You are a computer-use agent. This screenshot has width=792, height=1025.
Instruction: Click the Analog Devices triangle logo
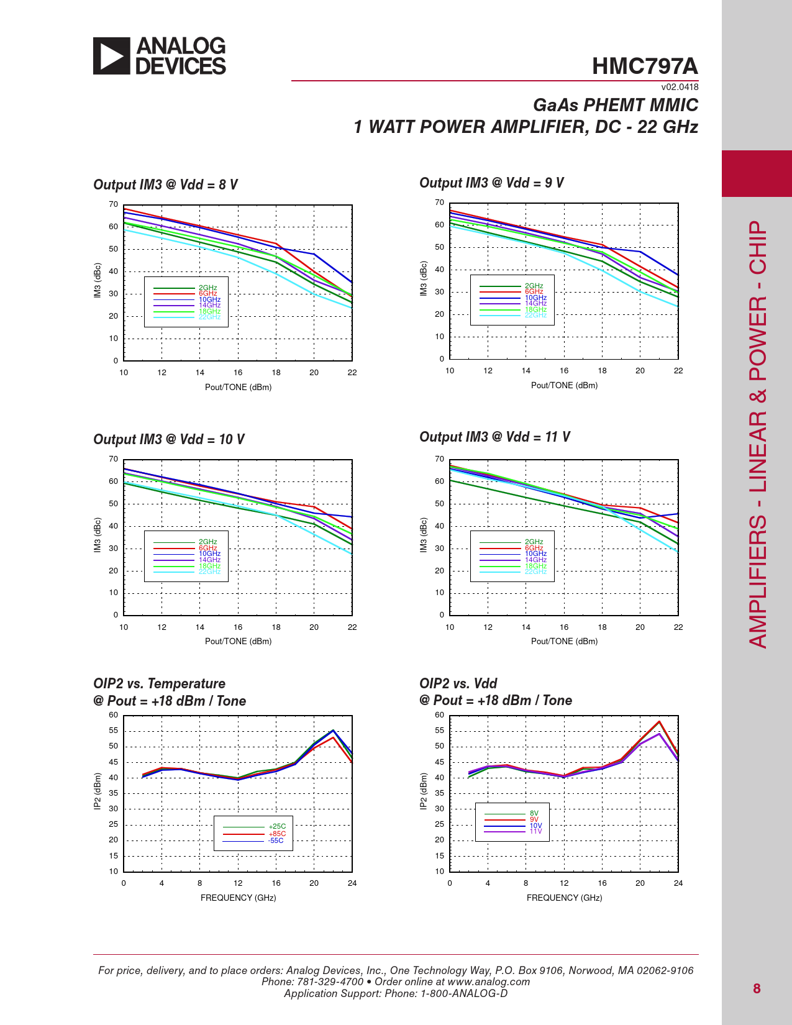tap(112, 56)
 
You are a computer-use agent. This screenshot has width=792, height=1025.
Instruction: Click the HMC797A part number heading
tap(645, 66)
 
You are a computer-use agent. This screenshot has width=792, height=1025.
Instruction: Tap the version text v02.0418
tap(680, 88)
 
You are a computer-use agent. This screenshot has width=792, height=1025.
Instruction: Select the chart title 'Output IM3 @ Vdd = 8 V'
tap(165, 184)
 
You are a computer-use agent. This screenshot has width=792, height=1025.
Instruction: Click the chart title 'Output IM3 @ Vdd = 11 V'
tap(494, 437)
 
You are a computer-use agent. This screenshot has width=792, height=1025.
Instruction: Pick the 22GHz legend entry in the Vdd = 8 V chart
tap(209, 317)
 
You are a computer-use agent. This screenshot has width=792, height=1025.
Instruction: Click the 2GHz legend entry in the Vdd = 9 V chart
tap(534, 286)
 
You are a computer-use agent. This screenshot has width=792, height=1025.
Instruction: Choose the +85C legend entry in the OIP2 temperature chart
tap(277, 834)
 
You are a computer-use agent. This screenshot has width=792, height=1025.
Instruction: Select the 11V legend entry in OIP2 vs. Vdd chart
tap(535, 831)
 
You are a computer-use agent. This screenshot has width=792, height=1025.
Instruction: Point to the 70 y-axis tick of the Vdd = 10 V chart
tap(114, 459)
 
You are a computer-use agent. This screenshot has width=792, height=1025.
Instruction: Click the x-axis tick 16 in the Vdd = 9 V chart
tap(564, 371)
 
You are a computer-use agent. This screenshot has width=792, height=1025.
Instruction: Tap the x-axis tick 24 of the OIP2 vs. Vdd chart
tap(678, 883)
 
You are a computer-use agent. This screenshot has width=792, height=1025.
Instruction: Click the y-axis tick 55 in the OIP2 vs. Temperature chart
tap(114, 731)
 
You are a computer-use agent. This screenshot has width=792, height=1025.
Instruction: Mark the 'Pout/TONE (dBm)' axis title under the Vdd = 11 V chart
tap(564, 641)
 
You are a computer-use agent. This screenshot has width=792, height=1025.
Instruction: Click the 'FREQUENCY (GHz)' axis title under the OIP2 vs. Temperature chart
tap(238, 898)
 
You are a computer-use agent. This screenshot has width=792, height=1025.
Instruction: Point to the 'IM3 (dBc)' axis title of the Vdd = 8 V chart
tap(98, 281)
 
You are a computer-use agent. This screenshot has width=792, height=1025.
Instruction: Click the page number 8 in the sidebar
tap(757, 988)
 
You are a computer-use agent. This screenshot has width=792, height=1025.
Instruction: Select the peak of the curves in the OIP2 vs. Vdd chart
tap(659, 722)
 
